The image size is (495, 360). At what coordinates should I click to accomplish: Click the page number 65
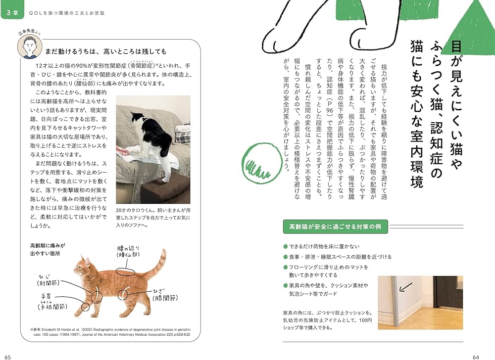pyautogui.click(x=7, y=355)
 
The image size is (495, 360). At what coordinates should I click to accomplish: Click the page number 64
pyautogui.click(x=476, y=355)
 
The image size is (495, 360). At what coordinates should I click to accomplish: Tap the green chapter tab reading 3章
pyautogui.click(x=12, y=14)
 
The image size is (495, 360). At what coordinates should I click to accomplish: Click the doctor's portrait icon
pyautogui.click(x=28, y=46)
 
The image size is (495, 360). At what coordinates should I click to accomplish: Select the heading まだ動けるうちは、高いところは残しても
pyautogui.click(x=106, y=51)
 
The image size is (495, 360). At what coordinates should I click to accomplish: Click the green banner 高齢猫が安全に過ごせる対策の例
pyautogui.click(x=335, y=227)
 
